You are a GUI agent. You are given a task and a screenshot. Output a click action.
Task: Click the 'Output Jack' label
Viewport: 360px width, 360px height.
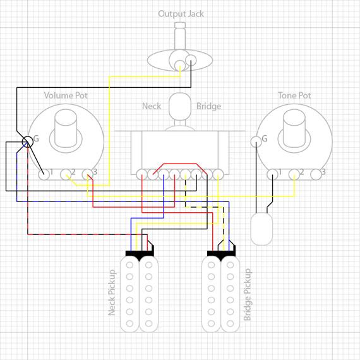181,15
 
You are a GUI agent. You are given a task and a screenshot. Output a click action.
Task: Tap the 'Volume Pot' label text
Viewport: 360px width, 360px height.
66,95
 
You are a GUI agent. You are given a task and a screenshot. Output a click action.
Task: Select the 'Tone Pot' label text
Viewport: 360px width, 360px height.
294,95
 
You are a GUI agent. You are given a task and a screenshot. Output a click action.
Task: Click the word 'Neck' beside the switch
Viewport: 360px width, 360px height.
152,106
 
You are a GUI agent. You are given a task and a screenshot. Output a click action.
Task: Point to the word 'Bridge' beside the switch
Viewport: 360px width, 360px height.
208,107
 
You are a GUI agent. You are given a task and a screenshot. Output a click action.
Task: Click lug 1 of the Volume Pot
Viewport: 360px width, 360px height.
44,174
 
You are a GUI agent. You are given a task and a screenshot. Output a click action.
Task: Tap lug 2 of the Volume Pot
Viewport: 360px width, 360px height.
66,174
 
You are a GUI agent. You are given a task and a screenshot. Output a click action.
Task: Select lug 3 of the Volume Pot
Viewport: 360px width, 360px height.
88,174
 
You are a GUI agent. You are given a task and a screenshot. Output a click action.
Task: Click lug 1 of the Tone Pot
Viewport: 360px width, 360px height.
272,174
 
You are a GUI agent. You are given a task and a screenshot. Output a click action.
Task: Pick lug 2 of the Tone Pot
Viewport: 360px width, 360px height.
294,174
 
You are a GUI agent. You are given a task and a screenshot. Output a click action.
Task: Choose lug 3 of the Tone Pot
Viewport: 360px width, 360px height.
316,174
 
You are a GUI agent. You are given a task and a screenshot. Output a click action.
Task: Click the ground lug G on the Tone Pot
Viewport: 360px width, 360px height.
256,141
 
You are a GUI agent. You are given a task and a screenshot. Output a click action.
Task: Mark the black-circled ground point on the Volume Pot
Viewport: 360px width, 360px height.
28,141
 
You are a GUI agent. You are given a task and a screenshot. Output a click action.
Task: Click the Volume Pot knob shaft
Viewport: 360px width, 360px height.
66,128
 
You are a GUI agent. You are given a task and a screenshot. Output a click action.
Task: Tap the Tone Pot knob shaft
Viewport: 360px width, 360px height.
294,128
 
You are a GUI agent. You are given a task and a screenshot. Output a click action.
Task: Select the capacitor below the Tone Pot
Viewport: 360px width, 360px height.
261,229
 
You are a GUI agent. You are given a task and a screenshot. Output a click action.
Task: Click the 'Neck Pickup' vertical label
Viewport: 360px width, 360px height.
112,292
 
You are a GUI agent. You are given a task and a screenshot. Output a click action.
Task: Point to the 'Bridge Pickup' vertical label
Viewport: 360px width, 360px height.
248,294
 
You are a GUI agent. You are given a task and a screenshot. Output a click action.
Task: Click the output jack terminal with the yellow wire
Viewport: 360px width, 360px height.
180,66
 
